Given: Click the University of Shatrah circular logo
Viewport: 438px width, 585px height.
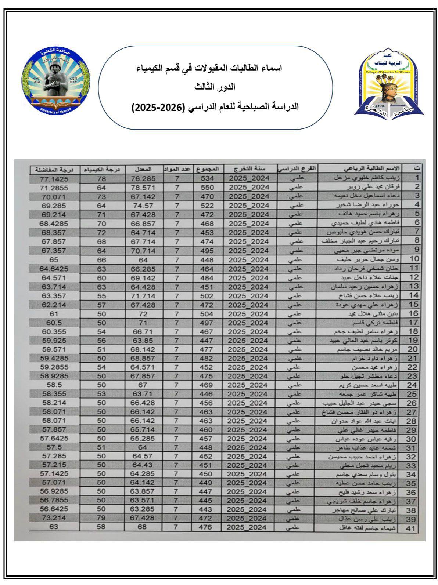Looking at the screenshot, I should pos(56,81).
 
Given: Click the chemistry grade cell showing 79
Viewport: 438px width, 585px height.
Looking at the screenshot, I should pos(102,518).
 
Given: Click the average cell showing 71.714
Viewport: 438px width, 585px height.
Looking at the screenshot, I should pos(143,296).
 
